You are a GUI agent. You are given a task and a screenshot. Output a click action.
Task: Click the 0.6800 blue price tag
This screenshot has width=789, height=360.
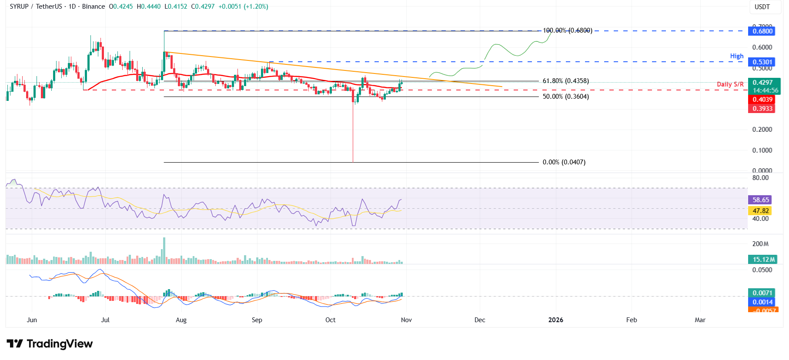pos(762,31)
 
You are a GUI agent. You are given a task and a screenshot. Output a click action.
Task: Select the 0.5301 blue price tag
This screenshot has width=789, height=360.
pos(762,62)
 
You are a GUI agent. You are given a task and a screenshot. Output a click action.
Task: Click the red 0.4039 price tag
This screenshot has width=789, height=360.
pos(762,100)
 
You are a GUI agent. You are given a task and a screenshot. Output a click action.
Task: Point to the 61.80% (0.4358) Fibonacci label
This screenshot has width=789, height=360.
pos(565,81)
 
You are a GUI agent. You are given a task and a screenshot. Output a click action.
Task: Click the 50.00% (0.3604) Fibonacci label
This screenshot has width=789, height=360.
pos(565,97)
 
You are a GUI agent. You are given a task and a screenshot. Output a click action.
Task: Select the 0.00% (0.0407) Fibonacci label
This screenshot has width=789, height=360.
pos(564,162)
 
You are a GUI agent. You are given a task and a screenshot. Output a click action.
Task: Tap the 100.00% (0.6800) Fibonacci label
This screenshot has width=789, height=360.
pos(567,30)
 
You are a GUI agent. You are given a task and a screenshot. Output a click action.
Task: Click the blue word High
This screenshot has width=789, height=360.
pos(736,56)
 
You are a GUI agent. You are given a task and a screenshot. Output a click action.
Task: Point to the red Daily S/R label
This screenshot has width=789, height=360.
pos(730,84)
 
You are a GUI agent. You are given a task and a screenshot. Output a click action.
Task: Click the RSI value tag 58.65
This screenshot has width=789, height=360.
pos(761,200)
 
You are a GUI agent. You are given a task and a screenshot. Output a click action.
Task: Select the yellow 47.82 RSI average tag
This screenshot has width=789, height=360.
pos(761,211)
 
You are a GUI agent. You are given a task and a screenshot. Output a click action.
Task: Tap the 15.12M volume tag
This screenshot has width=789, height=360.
pos(763,260)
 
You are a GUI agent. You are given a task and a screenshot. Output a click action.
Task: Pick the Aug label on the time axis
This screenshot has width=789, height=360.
pos(181,320)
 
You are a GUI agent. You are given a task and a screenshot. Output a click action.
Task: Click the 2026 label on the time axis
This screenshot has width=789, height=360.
pos(555,320)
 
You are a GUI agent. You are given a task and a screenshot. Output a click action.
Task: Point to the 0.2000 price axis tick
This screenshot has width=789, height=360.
pos(762,130)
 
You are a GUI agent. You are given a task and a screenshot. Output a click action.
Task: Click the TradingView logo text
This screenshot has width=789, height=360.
pos(60,344)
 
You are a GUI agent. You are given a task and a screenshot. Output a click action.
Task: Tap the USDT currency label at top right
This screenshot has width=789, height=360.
pos(762,7)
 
